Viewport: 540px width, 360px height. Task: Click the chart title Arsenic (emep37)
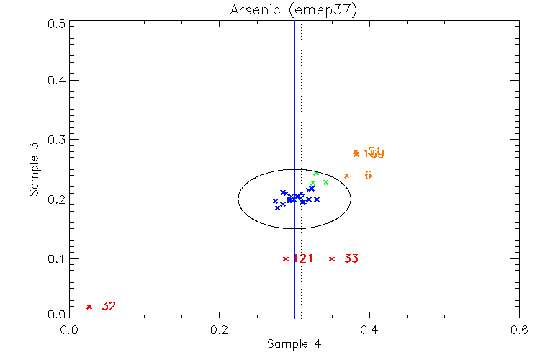pyautogui.click(x=294, y=9)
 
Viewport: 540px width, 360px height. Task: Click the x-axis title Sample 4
pyautogui.click(x=294, y=344)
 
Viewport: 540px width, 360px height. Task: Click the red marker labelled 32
pyautogui.click(x=89, y=307)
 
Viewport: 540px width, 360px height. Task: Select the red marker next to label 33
pyautogui.click(x=332, y=258)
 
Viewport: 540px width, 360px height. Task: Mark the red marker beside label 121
pyautogui.click(x=286, y=258)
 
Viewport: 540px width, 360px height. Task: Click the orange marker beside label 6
pyautogui.click(x=346, y=176)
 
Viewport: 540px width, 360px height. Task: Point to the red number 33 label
pyautogui.click(x=351, y=258)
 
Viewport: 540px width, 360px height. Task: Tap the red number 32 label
pyautogui.click(x=109, y=307)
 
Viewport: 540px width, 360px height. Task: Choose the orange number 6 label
pyautogui.click(x=368, y=175)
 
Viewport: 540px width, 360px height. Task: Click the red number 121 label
pyautogui.click(x=303, y=258)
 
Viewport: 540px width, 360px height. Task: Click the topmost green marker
pyautogui.click(x=316, y=173)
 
